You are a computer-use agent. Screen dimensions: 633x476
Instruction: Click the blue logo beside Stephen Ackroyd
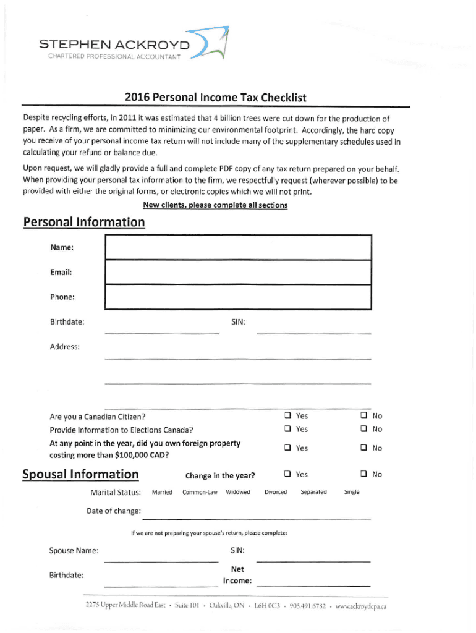pyautogui.click(x=213, y=45)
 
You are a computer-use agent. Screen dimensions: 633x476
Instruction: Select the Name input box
pyautogui.click(x=238, y=247)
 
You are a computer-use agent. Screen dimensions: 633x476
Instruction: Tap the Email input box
pyautogui.click(x=238, y=272)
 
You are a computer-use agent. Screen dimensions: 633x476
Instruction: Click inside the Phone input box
pyautogui.click(x=238, y=297)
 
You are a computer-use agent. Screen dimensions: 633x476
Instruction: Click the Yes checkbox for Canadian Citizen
pyautogui.click(x=287, y=416)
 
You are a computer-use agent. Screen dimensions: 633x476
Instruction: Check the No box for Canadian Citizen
pyautogui.click(x=364, y=416)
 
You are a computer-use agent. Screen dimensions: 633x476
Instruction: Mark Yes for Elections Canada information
pyautogui.click(x=287, y=429)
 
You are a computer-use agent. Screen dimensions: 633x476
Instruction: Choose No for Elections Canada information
pyautogui.click(x=364, y=429)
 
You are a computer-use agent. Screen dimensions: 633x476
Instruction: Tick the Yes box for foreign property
pyautogui.click(x=287, y=448)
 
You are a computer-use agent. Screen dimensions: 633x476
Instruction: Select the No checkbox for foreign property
pyautogui.click(x=364, y=448)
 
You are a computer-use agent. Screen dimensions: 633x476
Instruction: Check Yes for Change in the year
pyautogui.click(x=287, y=474)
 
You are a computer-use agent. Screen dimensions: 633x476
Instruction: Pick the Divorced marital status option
pyautogui.click(x=276, y=492)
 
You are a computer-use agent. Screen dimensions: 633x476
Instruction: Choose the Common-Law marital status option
pyautogui.click(x=199, y=492)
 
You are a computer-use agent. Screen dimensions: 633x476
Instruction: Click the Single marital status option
pyautogui.click(x=352, y=492)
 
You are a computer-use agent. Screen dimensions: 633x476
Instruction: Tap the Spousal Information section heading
pyautogui.click(x=80, y=474)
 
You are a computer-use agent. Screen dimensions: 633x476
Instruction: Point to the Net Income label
pyautogui.click(x=237, y=575)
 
